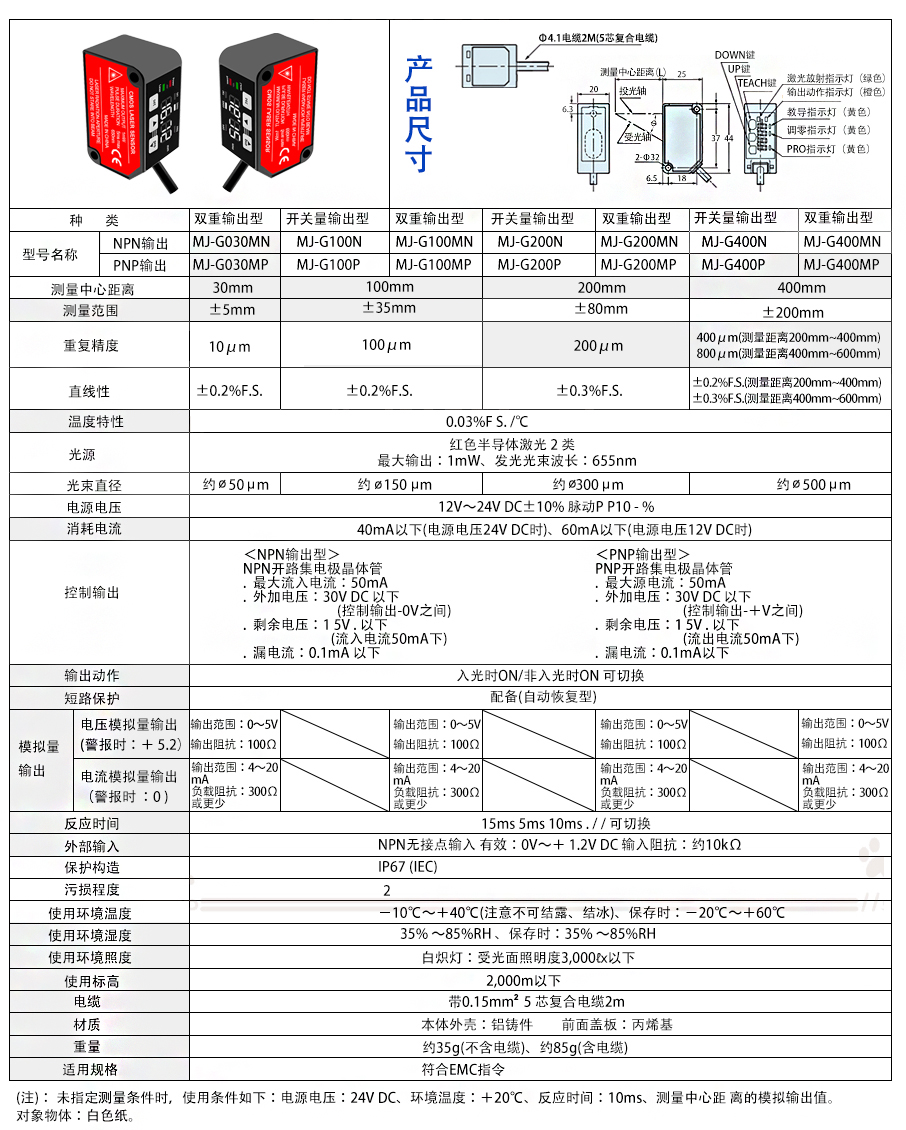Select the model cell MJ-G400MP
pos(841,265)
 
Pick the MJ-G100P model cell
pos(329,265)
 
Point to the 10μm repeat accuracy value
pos(230,346)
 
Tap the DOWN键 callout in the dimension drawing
pos(733,54)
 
